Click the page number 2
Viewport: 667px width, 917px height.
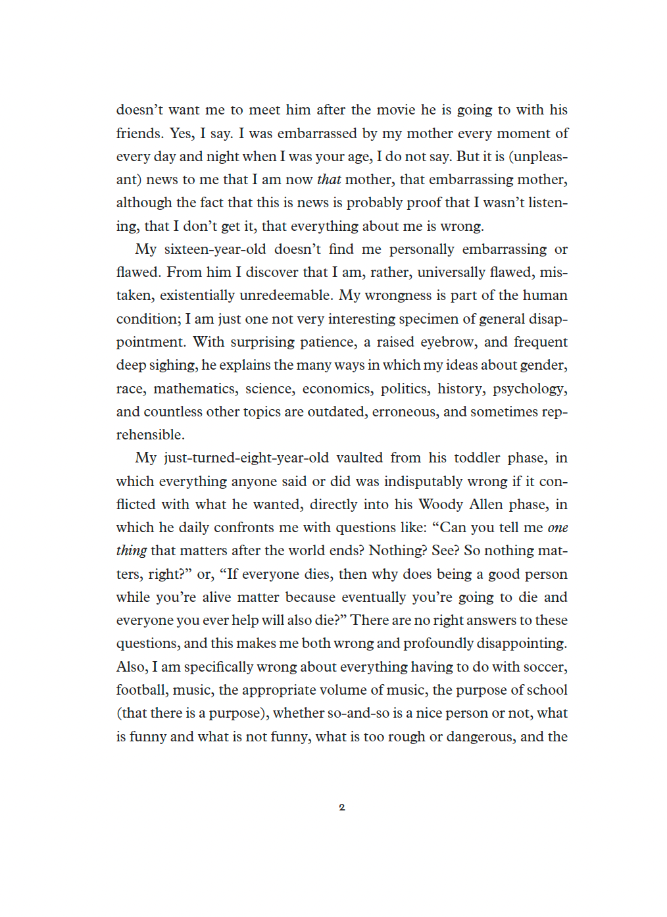341,807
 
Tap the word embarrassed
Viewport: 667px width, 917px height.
317,134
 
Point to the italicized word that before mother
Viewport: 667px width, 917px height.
329,180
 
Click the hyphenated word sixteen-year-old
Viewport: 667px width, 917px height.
215,249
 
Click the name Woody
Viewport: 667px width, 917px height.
441,505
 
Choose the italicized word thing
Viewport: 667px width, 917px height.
132,551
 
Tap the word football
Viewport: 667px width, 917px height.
141,690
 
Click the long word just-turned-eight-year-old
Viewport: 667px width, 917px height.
246,458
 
